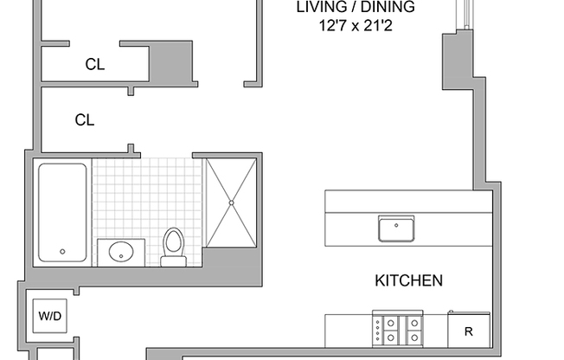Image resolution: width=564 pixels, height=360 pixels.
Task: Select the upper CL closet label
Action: [94, 63]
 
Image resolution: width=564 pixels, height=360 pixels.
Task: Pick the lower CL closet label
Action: [84, 120]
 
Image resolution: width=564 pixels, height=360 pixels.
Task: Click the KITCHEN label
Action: [408, 280]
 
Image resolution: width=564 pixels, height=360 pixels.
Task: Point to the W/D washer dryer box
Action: [49, 316]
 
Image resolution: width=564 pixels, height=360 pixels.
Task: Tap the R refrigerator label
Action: [468, 331]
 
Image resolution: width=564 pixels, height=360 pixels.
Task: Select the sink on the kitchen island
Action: [395, 228]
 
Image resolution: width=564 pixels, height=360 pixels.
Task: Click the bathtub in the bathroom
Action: [61, 212]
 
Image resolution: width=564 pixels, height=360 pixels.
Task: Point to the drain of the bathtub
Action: [62, 252]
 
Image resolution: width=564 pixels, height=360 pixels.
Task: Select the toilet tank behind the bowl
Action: [174, 260]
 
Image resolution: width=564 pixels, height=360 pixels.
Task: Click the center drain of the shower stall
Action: [231, 203]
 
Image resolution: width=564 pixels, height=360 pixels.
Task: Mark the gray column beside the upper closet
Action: [170, 62]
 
